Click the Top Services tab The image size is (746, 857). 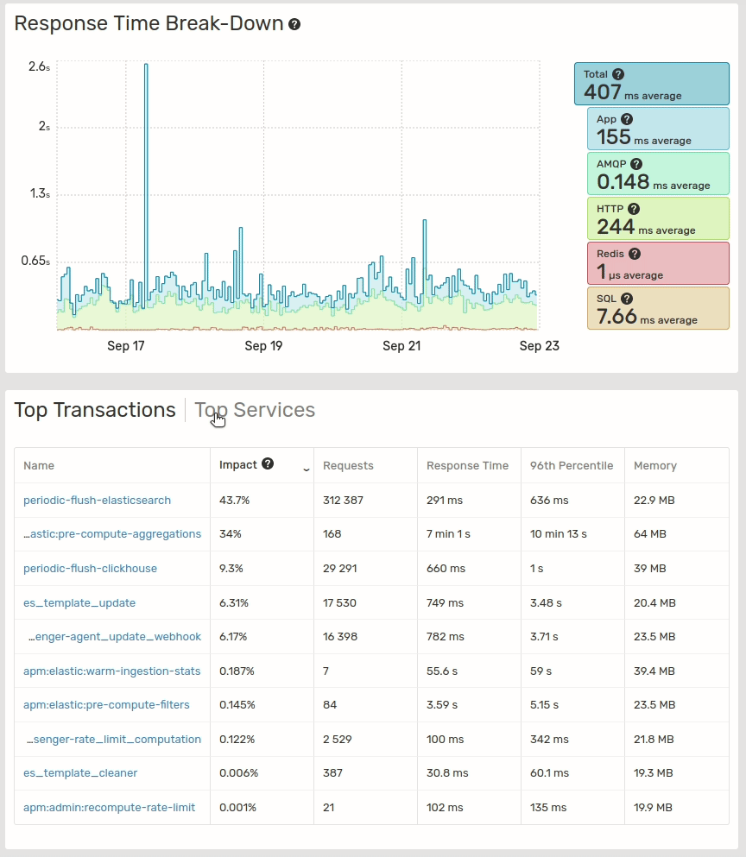click(x=255, y=410)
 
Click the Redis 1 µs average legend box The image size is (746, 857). click(x=657, y=263)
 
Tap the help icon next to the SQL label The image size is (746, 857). click(x=627, y=299)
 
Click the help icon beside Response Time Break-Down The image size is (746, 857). click(x=294, y=24)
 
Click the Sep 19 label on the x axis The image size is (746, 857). click(x=263, y=346)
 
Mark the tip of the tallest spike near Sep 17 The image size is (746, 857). click(x=146, y=65)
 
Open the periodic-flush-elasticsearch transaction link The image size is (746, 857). click(x=97, y=500)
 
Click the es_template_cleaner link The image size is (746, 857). click(x=80, y=772)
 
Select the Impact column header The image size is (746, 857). click(x=238, y=464)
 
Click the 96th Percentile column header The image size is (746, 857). click(x=572, y=465)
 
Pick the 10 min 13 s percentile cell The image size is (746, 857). click(x=558, y=534)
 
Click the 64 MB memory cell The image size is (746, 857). click(x=650, y=534)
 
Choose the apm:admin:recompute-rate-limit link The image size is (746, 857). click(x=109, y=807)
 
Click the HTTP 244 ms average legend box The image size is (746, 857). click(x=657, y=219)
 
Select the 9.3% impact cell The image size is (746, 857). click(x=233, y=568)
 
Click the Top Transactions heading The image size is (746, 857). click(x=95, y=410)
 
